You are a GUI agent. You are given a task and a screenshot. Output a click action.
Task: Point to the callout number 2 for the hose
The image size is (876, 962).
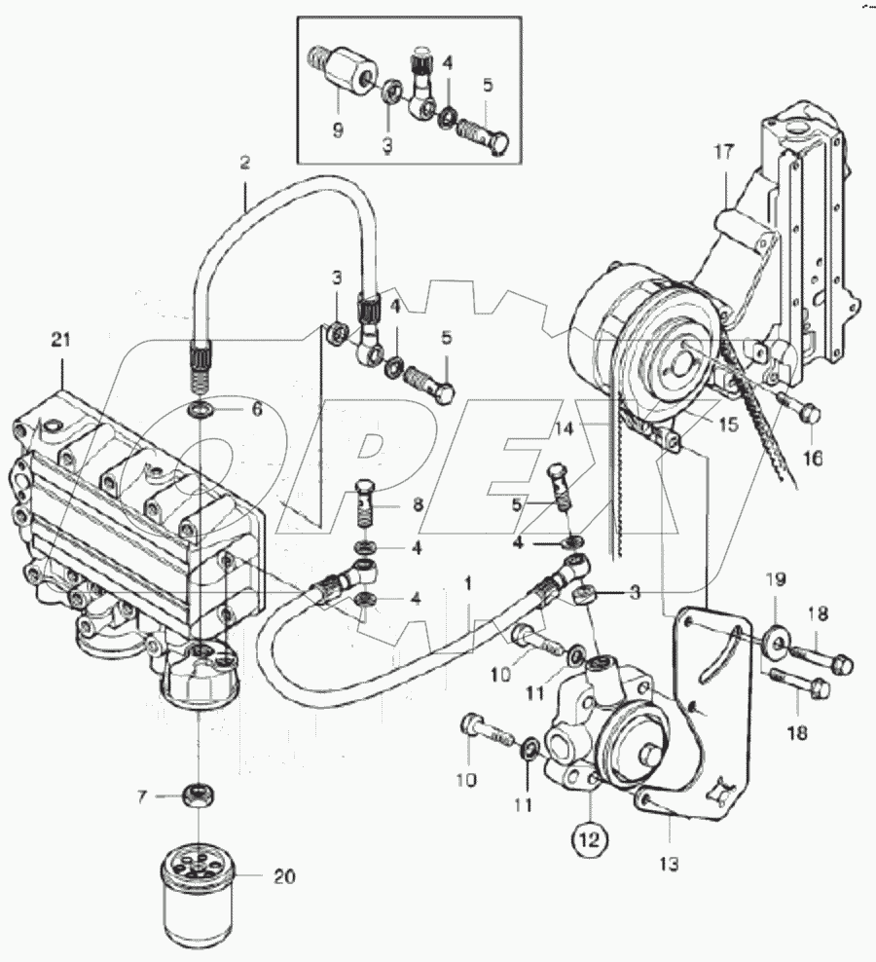244,163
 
